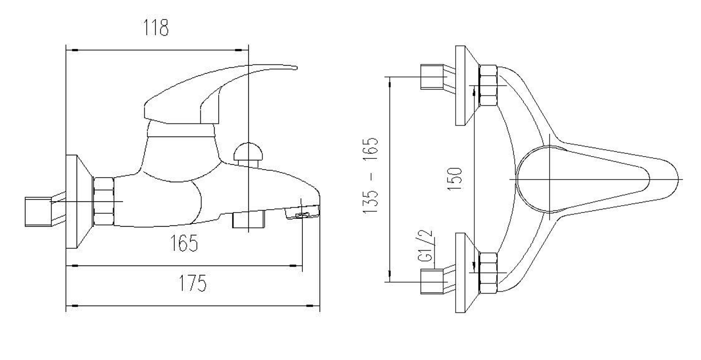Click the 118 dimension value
pos(156,28)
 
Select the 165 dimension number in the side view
pos(184,243)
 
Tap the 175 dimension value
pos(193,283)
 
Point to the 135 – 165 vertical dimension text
pos(371,176)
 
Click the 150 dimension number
pos(455,179)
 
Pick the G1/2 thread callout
pos(425,246)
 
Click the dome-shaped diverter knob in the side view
pos(248,151)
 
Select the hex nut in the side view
pos(104,202)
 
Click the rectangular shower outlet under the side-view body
pos(249,219)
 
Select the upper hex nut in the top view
pos(488,85)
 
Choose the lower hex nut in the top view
pos(488,273)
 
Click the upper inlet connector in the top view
pos(432,77)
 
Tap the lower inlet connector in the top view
pos(432,281)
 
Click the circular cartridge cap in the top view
pos(550,180)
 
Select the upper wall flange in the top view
pos(467,86)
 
